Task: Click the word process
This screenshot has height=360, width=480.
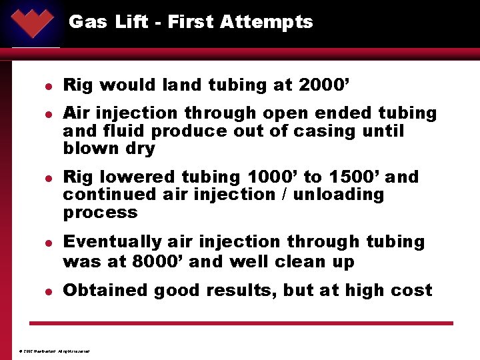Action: click(x=100, y=213)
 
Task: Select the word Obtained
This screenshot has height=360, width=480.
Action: click(x=101, y=291)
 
